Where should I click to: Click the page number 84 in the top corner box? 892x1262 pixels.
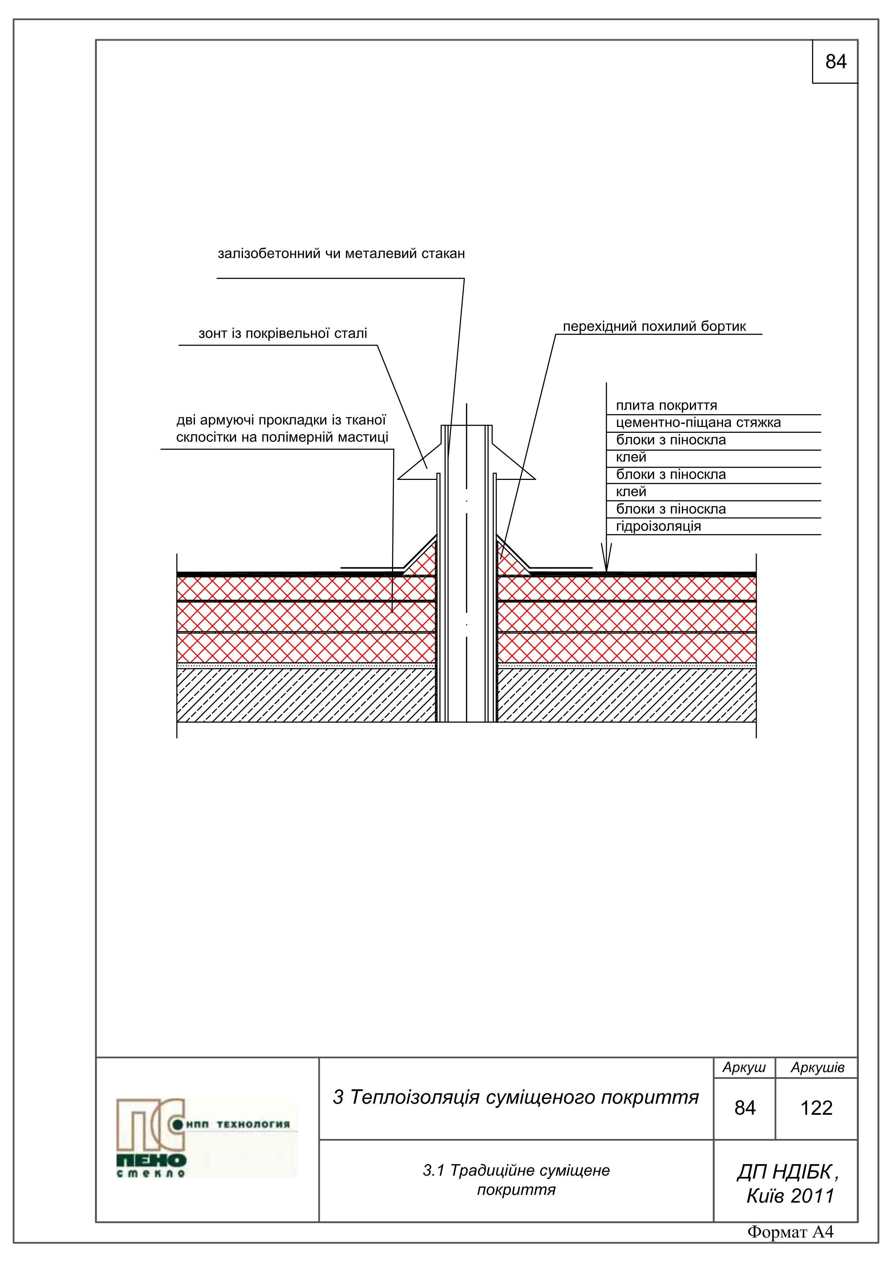(836, 62)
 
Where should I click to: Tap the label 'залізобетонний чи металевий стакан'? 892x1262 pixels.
(341, 254)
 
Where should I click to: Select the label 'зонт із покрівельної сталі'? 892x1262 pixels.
(282, 333)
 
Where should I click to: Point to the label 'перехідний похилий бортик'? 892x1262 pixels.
(654, 327)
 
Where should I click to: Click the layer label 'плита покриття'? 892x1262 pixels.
(666, 406)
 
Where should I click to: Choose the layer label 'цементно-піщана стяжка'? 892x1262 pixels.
(698, 423)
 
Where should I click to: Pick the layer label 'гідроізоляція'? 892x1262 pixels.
(659, 527)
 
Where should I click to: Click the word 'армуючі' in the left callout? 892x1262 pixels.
(227, 421)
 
